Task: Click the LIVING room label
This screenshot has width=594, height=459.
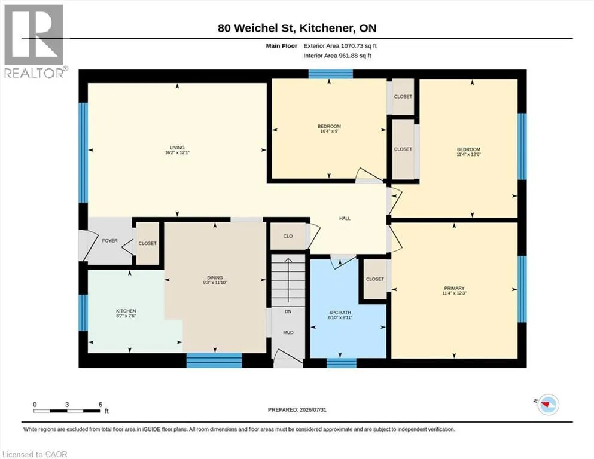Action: [177, 148]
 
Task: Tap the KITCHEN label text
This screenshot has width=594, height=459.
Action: [126, 311]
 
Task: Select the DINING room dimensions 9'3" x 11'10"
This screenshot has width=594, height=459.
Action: [215, 283]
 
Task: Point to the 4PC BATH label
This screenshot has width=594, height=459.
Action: [340, 313]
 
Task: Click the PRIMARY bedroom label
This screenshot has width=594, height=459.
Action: [454, 288]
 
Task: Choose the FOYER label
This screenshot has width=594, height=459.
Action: [110, 241]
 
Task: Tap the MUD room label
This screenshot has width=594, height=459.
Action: [288, 333]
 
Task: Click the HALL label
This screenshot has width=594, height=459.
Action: [345, 218]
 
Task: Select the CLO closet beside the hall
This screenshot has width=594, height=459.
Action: [288, 236]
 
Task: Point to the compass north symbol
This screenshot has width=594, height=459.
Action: [547, 405]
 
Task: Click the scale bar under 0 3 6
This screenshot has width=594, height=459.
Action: [66, 411]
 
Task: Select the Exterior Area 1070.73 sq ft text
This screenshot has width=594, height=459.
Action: [340, 46]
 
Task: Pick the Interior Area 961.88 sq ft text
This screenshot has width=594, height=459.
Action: [337, 56]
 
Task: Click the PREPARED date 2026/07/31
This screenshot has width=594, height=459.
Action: [313, 410]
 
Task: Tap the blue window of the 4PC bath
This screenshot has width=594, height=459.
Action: [342, 363]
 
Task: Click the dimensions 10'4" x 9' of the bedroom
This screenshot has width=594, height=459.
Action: [329, 131]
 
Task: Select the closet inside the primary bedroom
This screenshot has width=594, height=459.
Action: [375, 279]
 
